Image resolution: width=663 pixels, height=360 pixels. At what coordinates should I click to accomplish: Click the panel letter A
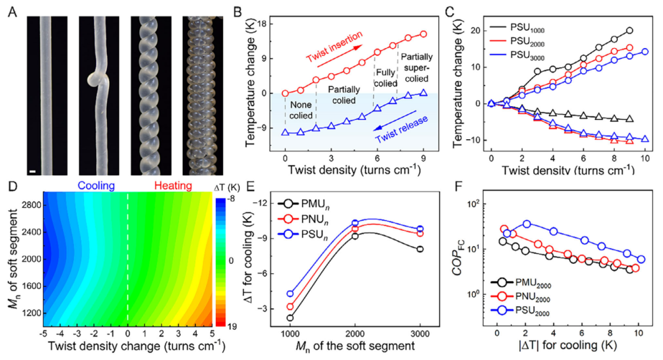(x=11, y=10)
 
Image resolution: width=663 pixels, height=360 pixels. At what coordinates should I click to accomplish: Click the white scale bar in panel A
(x=32, y=171)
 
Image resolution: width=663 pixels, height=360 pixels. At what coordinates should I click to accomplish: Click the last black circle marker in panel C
(x=629, y=31)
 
